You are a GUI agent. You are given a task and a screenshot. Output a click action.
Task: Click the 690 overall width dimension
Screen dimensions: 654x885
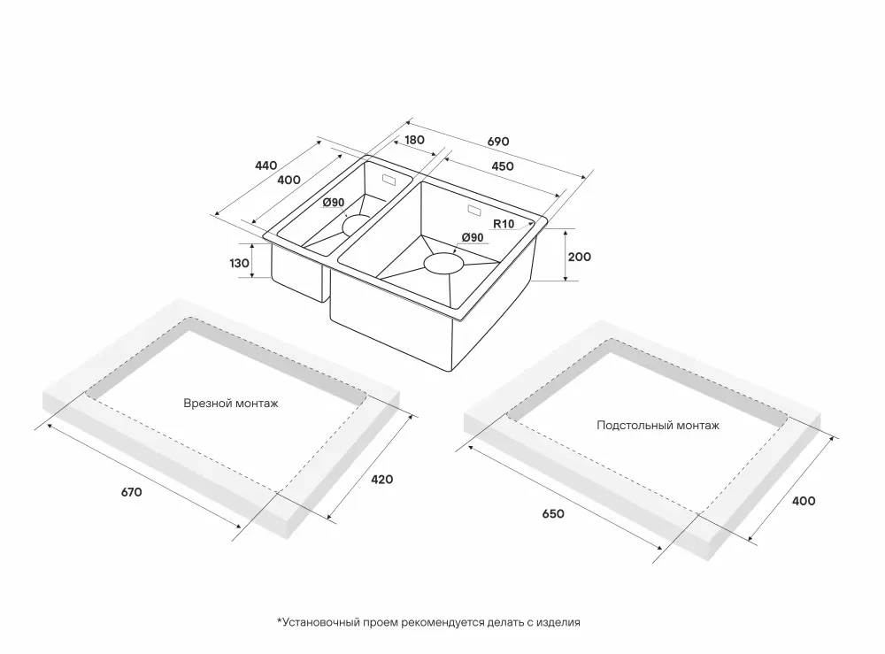pos(498,142)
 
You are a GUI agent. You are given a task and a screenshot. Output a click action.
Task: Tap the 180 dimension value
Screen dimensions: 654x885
pos(415,140)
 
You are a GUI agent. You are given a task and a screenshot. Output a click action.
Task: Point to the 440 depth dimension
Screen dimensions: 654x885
pos(266,165)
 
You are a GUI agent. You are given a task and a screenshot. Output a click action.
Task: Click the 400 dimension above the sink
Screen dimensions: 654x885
pos(289,180)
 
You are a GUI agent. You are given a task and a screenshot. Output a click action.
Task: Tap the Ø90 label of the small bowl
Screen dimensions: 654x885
pos(334,203)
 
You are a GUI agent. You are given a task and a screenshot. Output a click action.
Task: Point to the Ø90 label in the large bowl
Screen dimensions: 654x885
pos(472,237)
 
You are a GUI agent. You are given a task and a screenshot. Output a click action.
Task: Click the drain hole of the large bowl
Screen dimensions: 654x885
pos(444,263)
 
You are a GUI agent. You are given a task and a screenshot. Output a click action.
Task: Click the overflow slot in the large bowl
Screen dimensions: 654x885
pos(473,212)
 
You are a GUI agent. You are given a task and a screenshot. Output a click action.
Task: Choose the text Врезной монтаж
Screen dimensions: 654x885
pos(231,404)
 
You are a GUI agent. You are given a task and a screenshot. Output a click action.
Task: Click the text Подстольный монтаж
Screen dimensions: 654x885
pos(658,425)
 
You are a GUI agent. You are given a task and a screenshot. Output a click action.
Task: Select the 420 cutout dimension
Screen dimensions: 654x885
pos(382,479)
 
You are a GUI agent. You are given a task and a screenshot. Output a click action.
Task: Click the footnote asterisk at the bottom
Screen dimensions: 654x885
pos(279,622)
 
